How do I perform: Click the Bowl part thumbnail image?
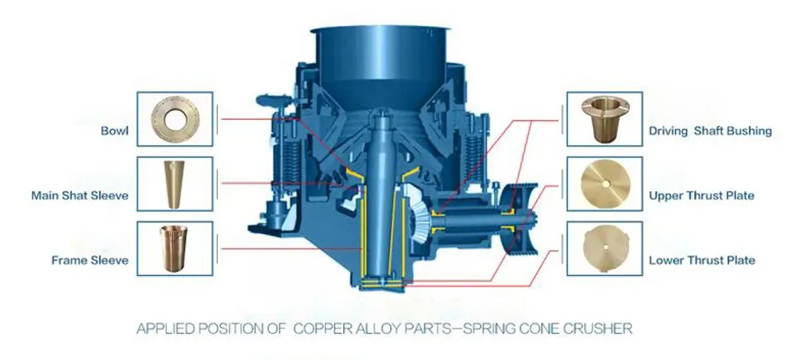(175, 119)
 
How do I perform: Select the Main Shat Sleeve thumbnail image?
(175, 185)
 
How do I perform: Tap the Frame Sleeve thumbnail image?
(175, 249)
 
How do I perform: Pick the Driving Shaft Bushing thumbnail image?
(604, 119)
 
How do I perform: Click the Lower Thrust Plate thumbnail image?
(604, 249)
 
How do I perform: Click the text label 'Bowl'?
(115, 131)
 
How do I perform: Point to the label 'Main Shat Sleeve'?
(79, 196)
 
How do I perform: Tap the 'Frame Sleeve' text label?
(89, 261)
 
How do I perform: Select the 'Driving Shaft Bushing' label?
(710, 131)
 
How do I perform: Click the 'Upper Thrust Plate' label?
(701, 196)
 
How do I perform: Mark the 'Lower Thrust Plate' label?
(701, 261)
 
